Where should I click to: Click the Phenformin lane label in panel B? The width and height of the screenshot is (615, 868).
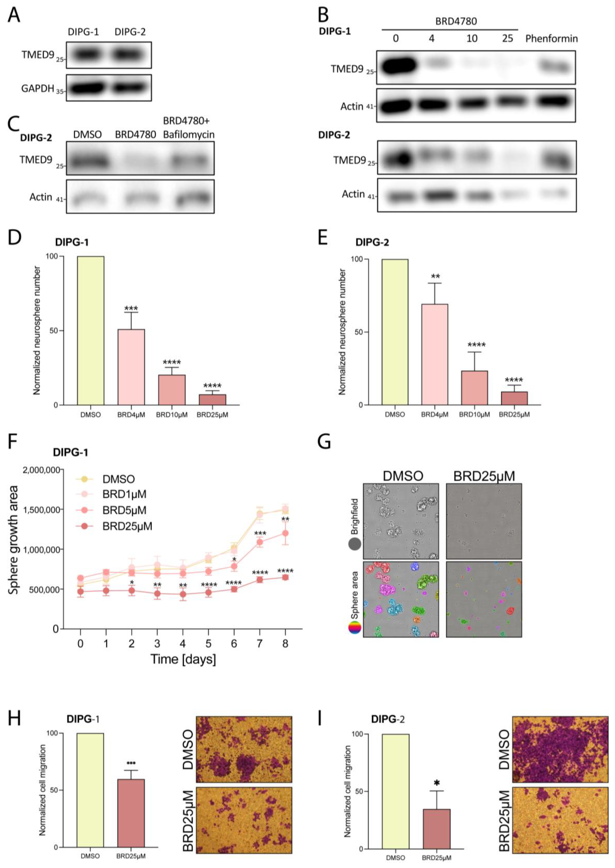coord(551,39)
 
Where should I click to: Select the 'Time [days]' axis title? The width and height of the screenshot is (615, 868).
coord(183,659)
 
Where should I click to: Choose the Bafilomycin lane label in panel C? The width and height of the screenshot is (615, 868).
coord(189,135)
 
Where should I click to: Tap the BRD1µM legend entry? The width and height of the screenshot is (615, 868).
coord(124,494)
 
